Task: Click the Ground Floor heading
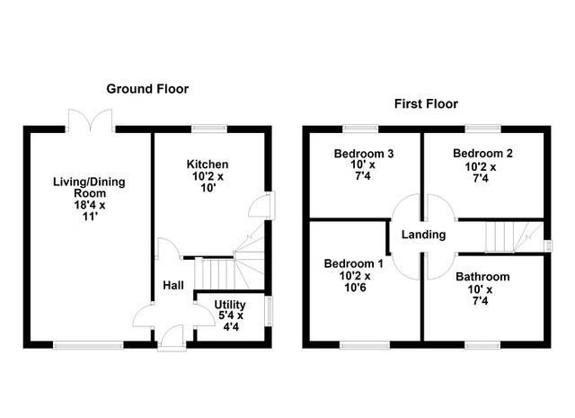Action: (147, 88)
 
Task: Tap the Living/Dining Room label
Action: (88, 188)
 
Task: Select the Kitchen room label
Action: (207, 165)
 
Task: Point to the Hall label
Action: (173, 285)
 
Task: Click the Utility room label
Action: (229, 305)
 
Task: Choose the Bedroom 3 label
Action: (364, 154)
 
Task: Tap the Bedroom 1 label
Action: (354, 263)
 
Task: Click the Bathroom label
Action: (482, 277)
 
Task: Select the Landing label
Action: (423, 235)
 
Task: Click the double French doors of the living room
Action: (90, 120)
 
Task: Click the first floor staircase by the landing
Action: (503, 236)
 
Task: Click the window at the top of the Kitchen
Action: (208, 129)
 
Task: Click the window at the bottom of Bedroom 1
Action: (363, 343)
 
